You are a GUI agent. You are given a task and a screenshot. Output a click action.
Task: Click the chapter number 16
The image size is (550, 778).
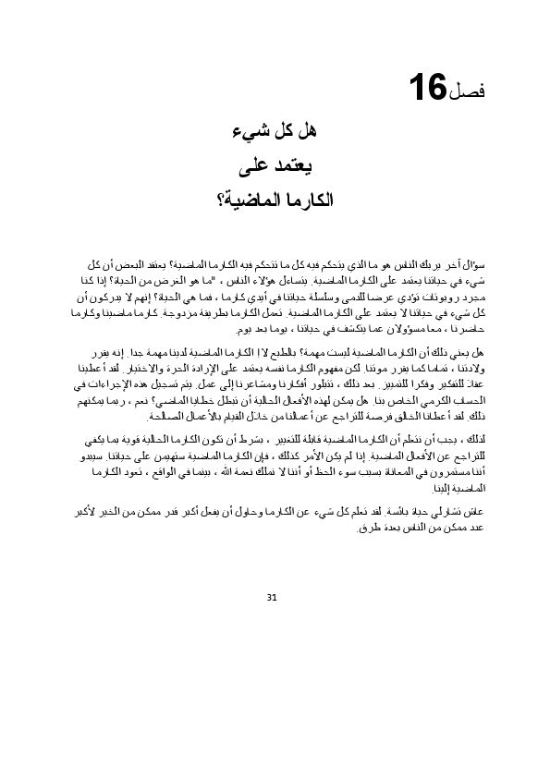pyautogui.click(x=426, y=90)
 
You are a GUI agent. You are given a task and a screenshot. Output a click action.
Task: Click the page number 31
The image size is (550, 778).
pyautogui.click(x=271, y=597)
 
